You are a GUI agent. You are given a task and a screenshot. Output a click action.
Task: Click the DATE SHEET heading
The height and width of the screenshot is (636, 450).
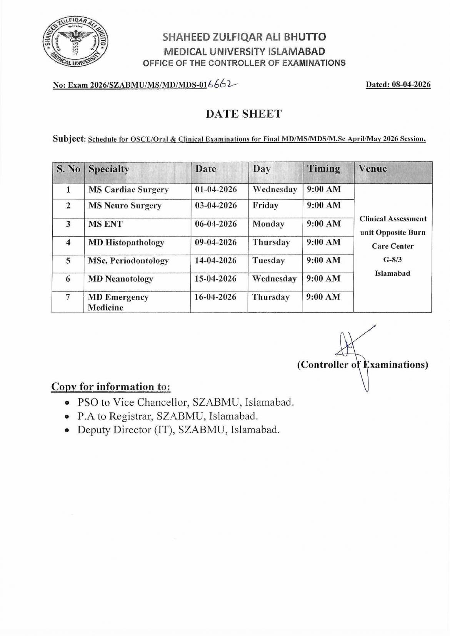(243, 114)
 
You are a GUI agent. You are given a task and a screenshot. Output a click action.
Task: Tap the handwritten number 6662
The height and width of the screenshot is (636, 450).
(222, 85)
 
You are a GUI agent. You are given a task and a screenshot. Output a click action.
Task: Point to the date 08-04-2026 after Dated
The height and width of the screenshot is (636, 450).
(411, 85)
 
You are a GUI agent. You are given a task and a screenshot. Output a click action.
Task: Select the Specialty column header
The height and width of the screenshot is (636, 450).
(109, 169)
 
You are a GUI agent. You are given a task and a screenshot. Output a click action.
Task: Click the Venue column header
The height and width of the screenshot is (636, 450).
(373, 168)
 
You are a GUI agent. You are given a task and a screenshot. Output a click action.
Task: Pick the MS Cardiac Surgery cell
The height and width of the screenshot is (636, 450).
(128, 190)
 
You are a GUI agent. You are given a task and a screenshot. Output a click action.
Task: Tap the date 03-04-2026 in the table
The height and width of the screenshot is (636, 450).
(216, 205)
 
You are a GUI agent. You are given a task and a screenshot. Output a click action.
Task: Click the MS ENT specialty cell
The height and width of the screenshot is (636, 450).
(105, 224)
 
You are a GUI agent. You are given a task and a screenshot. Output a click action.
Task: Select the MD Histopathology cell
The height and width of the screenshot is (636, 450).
(126, 242)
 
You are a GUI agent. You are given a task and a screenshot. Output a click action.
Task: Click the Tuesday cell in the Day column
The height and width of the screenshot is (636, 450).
(268, 260)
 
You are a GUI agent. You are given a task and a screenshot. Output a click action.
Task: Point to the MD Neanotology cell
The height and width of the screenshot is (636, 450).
(120, 279)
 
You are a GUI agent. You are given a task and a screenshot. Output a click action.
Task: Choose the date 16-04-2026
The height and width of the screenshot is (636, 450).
(215, 297)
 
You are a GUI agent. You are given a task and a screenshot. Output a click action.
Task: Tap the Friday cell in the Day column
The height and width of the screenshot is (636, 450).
(265, 205)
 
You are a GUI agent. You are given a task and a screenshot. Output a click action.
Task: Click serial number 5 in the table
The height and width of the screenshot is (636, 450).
(68, 260)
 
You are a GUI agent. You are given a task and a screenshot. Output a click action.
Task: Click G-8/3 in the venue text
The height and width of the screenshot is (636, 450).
(392, 260)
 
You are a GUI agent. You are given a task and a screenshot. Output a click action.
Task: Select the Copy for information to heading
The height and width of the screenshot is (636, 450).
(111, 386)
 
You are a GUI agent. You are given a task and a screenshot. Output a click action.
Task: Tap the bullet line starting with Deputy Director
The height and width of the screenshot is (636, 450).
(178, 430)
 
